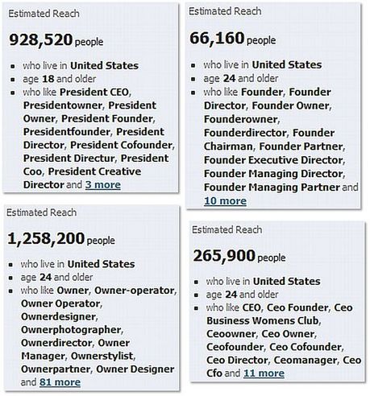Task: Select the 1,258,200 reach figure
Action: [x=45, y=238]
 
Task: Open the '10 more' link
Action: [x=225, y=200]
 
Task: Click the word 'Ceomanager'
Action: [x=304, y=360]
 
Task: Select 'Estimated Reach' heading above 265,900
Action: [x=231, y=229]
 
